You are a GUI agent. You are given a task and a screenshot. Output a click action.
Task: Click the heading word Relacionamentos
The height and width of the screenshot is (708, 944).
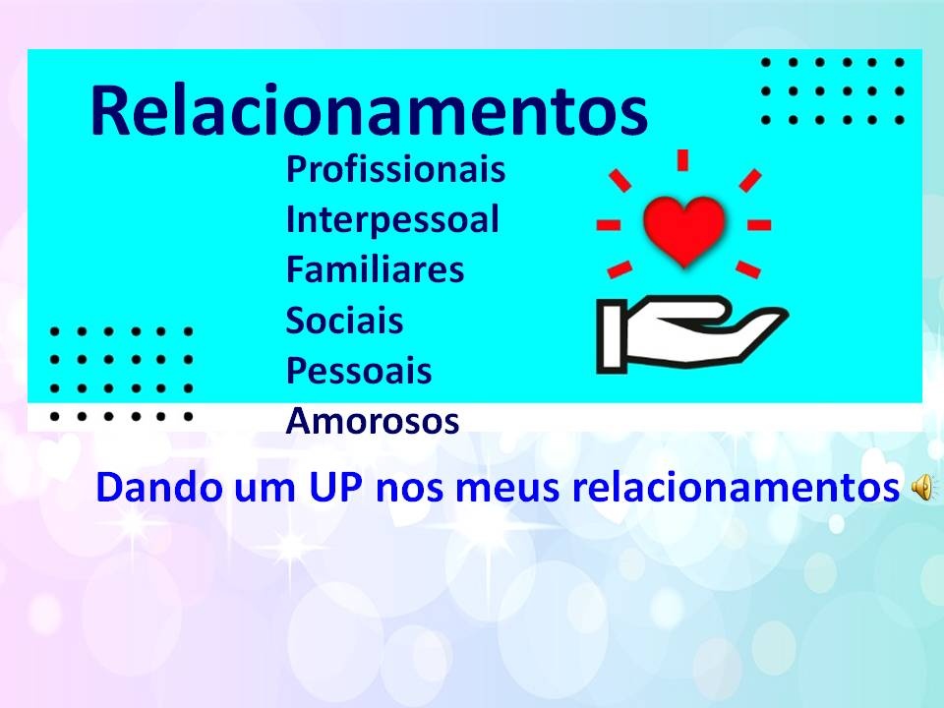[369, 111]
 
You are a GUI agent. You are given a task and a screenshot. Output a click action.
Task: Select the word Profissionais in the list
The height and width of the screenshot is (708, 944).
[395, 169]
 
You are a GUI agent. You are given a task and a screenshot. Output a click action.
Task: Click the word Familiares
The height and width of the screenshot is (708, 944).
[375, 269]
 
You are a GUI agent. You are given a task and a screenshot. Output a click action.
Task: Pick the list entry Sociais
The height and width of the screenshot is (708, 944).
[344, 320]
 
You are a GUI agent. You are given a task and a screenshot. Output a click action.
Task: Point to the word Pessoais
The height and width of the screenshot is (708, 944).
[359, 370]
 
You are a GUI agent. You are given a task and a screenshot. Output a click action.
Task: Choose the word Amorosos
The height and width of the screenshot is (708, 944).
[373, 421]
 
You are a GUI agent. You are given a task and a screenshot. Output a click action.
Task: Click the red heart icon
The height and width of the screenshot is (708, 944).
[684, 230]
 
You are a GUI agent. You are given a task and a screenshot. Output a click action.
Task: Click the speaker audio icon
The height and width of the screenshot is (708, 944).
[922, 487]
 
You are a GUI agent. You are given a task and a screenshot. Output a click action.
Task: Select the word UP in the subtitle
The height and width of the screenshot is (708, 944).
[336, 487]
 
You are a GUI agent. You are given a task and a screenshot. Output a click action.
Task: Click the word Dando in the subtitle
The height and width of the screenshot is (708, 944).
[159, 487]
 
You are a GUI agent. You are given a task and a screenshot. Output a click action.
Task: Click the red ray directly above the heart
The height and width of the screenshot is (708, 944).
[682, 160]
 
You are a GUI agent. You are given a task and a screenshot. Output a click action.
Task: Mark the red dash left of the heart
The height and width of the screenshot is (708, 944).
[608, 225]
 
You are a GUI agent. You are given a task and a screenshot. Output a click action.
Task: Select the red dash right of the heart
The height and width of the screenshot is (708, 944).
[759, 225]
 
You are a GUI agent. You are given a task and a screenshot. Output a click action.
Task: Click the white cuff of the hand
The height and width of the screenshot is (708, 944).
[611, 336]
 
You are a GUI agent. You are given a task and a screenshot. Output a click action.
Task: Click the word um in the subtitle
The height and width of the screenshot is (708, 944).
[265, 489]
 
